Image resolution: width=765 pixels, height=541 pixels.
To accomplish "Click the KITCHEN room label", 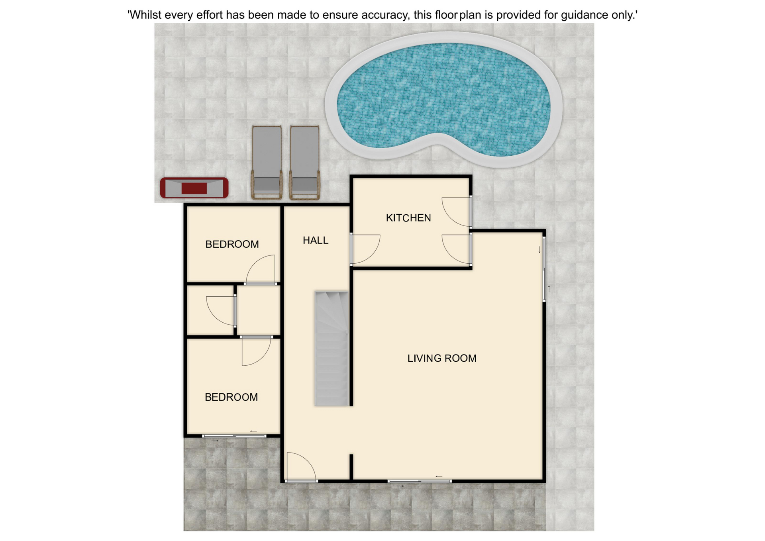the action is pos(408,218).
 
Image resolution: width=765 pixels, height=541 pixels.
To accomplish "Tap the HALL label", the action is pos(316,240).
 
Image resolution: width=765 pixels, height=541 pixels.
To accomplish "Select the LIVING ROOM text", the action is pos(442,358).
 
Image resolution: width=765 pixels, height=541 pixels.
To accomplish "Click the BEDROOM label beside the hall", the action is pos(232,244).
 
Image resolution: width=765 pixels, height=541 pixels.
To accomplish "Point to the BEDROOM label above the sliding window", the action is pos(231,397).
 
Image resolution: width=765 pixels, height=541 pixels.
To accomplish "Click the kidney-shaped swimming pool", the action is pos(443,100).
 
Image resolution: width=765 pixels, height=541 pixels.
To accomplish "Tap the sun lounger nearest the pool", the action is pos(305,162).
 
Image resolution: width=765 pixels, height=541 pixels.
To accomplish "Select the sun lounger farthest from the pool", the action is pos(267,162).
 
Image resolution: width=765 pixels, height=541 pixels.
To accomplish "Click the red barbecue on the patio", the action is pos(194,188).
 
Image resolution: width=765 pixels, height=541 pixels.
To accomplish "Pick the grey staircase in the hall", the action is pos(332,349).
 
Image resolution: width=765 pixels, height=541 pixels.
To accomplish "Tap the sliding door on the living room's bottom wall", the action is pos(420,481).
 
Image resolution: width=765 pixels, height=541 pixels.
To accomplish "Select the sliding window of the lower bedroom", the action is pos(234,436).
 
